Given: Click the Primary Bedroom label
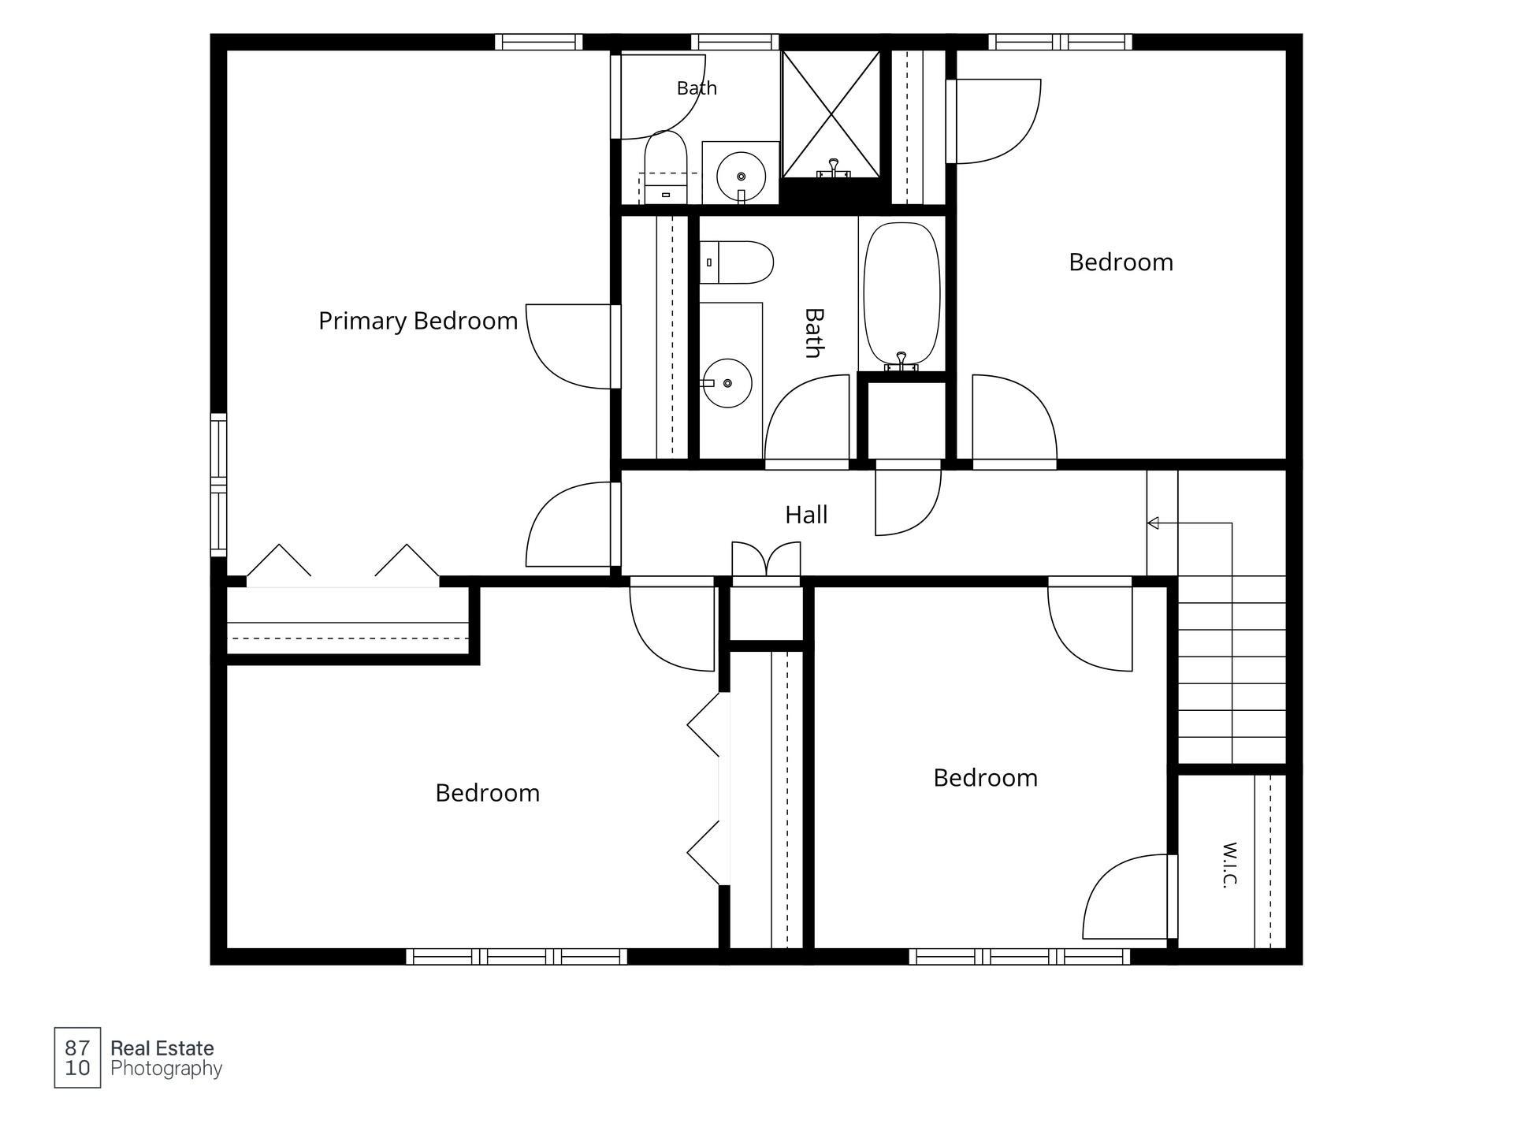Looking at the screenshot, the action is (x=418, y=322).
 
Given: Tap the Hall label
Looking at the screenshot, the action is (x=806, y=515).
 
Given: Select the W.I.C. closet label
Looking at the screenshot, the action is (x=1229, y=865).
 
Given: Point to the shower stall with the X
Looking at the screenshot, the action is (x=831, y=114).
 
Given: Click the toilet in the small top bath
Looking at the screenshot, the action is (x=666, y=167).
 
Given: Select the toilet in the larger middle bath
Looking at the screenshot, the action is (x=736, y=262).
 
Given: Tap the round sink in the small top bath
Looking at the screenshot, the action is (x=741, y=177).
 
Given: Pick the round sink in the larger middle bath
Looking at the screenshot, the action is (x=727, y=383).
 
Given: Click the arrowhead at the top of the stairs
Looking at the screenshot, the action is (x=1153, y=523).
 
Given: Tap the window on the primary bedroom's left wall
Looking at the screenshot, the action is (x=218, y=485).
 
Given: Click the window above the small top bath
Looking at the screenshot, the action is (x=734, y=42).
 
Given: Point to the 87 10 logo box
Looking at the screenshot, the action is (x=77, y=1058).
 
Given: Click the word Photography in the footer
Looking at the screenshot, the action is (x=166, y=1070).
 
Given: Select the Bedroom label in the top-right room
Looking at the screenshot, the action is (x=1121, y=262).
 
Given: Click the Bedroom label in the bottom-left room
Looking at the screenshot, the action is (x=487, y=793).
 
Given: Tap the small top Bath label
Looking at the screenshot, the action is (x=697, y=88).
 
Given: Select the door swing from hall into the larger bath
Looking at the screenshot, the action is (x=807, y=418).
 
